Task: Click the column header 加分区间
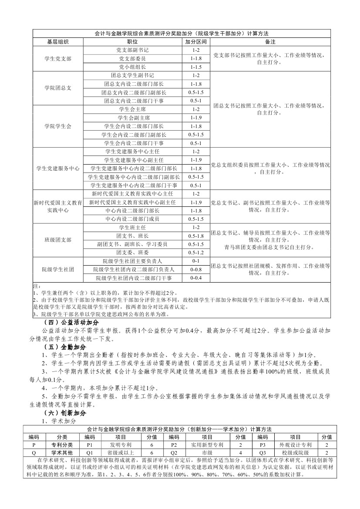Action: coord(196,42)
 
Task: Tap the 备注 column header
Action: coord(270,42)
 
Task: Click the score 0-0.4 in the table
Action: coord(196,278)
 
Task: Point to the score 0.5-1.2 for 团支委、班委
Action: coord(196,253)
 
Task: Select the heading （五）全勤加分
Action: coord(65,347)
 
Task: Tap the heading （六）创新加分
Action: coord(65,413)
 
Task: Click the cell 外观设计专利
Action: coord(296,445)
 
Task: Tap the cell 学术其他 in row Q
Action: coord(62,453)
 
